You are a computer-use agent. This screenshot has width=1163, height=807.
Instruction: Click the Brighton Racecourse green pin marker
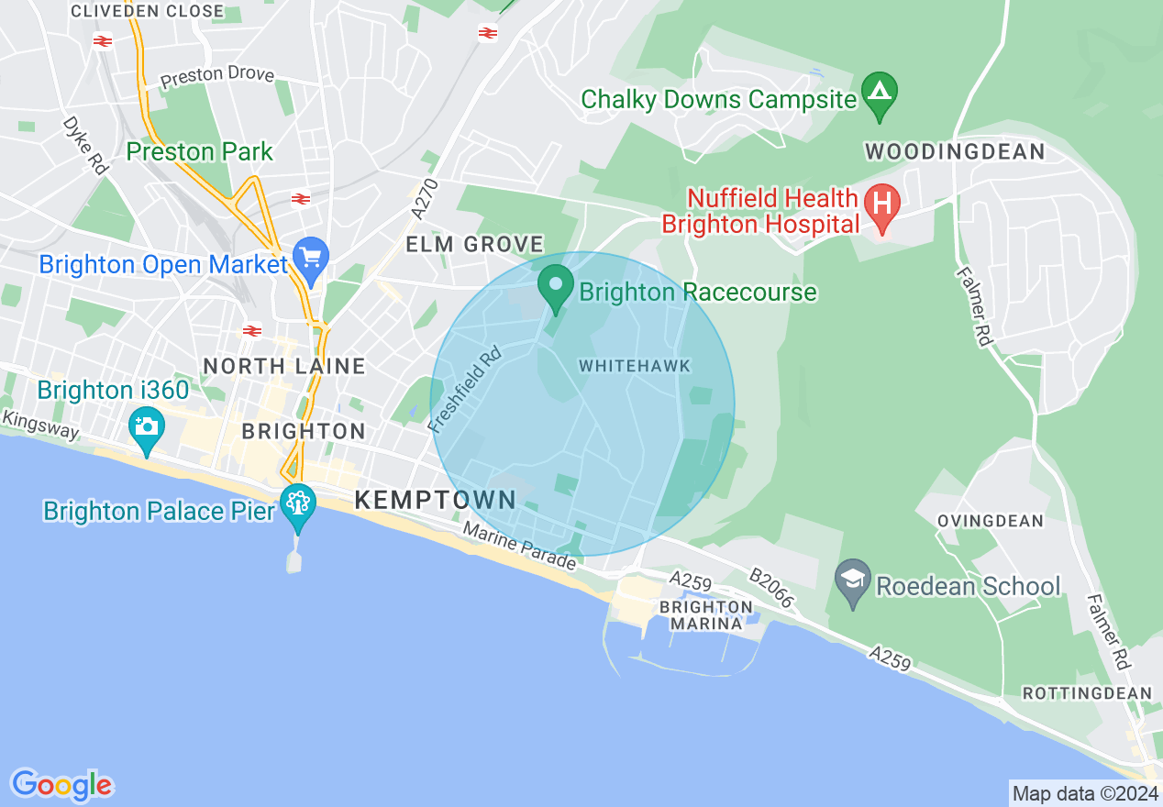tap(555, 287)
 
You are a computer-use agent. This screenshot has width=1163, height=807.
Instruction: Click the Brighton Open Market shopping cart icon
tap(311, 260)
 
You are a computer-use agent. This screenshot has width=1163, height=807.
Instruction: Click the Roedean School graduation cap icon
tap(853, 583)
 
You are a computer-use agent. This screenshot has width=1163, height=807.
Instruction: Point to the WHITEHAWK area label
tap(635, 367)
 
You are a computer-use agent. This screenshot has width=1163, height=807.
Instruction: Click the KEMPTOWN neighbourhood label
tap(436, 500)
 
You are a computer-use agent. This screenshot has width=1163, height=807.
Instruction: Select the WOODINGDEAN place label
tap(955, 152)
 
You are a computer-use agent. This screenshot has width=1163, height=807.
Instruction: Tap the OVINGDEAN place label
tap(991, 521)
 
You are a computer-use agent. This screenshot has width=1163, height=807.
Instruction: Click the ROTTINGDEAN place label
tap(1087, 692)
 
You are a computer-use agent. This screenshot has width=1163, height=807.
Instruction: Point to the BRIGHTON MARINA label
tap(705, 615)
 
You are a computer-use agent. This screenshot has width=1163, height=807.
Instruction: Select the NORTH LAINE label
tap(284, 366)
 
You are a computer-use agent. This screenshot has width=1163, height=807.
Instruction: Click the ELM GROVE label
tap(476, 245)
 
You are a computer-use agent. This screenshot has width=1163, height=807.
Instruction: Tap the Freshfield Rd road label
tap(466, 388)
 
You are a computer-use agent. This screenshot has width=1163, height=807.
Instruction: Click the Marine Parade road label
tap(519, 546)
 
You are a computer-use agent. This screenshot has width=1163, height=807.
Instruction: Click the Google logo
tap(61, 785)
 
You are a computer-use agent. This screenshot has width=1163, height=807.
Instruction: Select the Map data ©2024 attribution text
tap(1085, 792)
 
